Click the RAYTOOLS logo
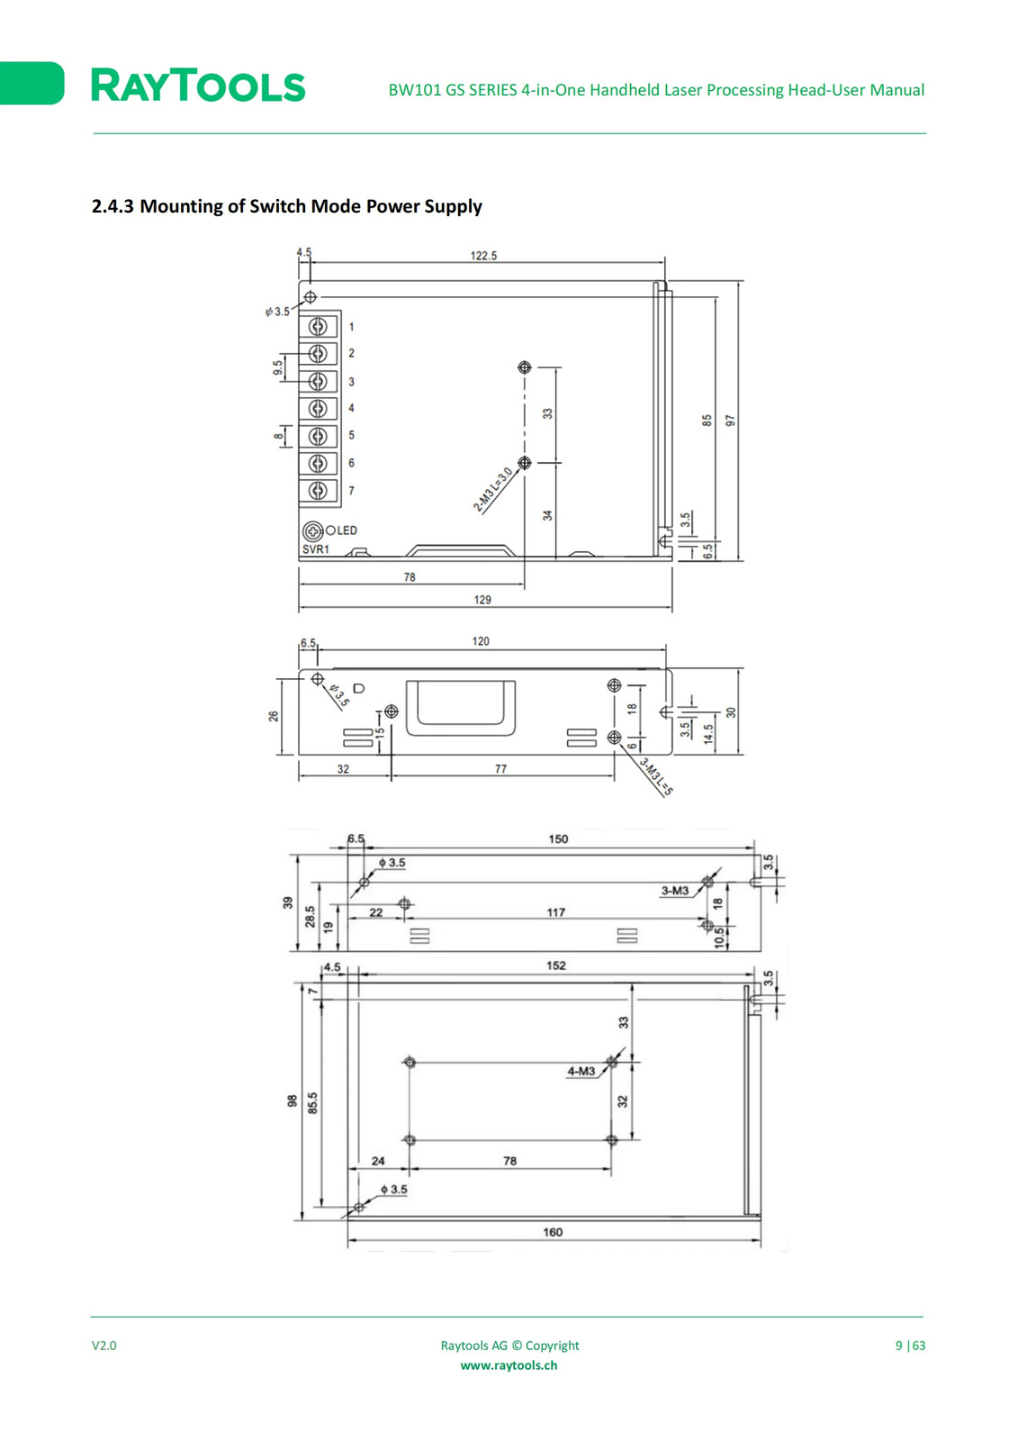click(198, 86)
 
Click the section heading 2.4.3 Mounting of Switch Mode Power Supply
click(287, 206)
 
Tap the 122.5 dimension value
click(483, 256)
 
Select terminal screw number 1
click(318, 327)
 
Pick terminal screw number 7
click(318, 491)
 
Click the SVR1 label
click(316, 549)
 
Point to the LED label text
click(347, 530)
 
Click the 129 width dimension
click(482, 600)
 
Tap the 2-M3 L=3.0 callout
click(492, 490)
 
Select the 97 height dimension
click(730, 421)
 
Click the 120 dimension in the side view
click(481, 641)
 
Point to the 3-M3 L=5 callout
click(656, 776)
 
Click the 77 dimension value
click(501, 769)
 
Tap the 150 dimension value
click(558, 838)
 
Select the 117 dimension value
click(555, 912)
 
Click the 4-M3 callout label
click(581, 1071)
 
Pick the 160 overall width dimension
click(553, 1232)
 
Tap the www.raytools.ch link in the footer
click(509, 1365)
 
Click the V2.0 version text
click(104, 1346)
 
